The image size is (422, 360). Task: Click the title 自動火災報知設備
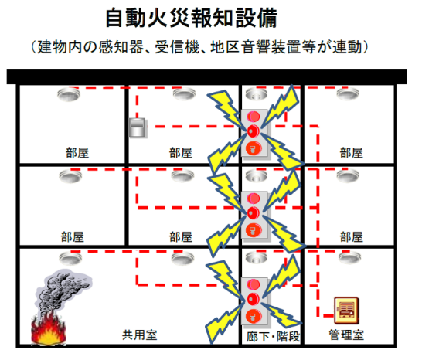tap(192, 18)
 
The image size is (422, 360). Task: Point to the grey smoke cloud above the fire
tap(63, 291)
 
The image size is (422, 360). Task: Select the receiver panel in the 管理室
tap(346, 311)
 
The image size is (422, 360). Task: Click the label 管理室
tap(346, 335)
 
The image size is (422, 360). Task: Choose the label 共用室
tap(139, 335)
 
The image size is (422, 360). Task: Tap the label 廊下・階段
tap(273, 337)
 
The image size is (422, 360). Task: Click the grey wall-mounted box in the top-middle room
tap(138, 127)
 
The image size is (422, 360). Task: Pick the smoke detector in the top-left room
tap(69, 94)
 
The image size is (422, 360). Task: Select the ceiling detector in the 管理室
tap(349, 259)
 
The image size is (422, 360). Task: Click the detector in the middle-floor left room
tap(70, 176)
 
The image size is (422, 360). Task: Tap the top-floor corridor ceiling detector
tap(257, 94)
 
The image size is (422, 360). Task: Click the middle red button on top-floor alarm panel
tap(253, 131)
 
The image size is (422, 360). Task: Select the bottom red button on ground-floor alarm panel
tap(254, 316)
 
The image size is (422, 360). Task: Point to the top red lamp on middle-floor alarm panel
tap(253, 199)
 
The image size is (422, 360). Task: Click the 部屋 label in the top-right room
tap(351, 153)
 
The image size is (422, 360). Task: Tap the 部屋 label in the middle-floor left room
tap(73, 237)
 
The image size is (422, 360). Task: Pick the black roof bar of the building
tap(206, 76)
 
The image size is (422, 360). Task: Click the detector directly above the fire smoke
tap(70, 259)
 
